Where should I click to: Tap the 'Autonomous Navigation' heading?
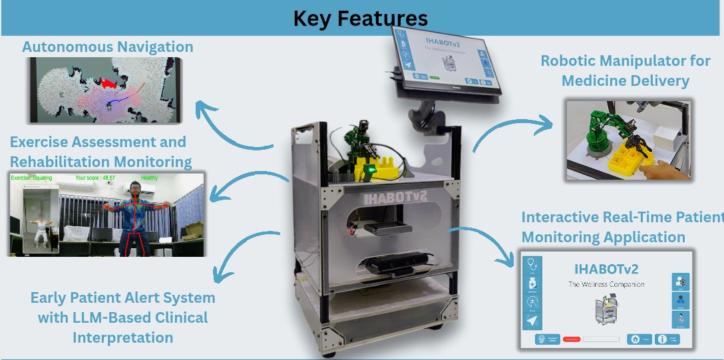pyautogui.click(x=108, y=47)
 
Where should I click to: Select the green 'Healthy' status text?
pyautogui.click(x=150, y=178)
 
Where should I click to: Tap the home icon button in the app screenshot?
pyautogui.click(x=635, y=339)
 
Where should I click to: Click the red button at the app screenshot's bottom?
pyautogui.click(x=572, y=339)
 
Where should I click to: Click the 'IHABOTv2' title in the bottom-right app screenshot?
pyautogui.click(x=606, y=270)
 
